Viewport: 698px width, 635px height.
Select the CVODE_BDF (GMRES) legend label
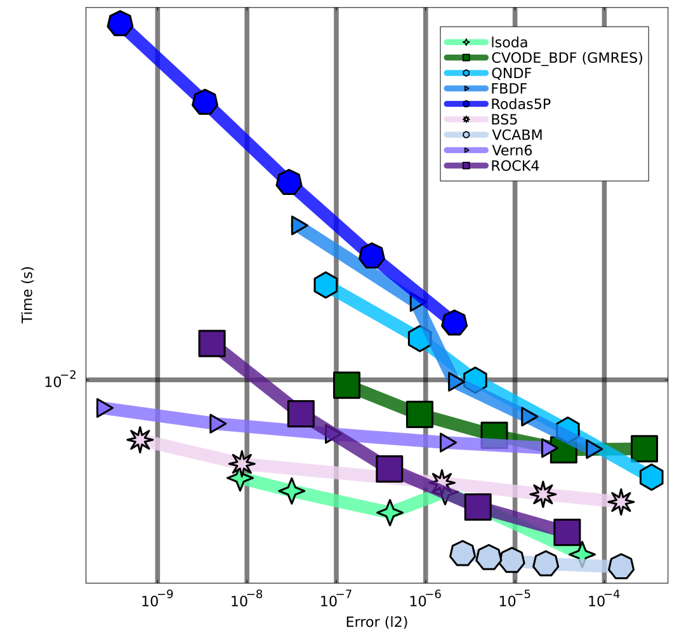[x=567, y=58]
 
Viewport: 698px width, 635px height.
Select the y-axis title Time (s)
[x=27, y=295]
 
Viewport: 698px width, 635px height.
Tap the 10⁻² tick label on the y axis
[x=60, y=380]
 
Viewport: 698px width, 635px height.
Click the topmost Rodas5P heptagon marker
[x=119, y=23]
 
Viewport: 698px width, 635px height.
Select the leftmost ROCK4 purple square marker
[x=212, y=343]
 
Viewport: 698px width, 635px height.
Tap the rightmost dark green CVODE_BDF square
[x=644, y=448]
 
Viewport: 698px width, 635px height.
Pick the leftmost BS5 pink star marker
[x=140, y=439]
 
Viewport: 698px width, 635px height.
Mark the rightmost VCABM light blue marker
[x=621, y=566]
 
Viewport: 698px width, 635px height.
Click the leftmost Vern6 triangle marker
[x=104, y=408]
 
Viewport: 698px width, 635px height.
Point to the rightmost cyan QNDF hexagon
[x=651, y=477]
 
